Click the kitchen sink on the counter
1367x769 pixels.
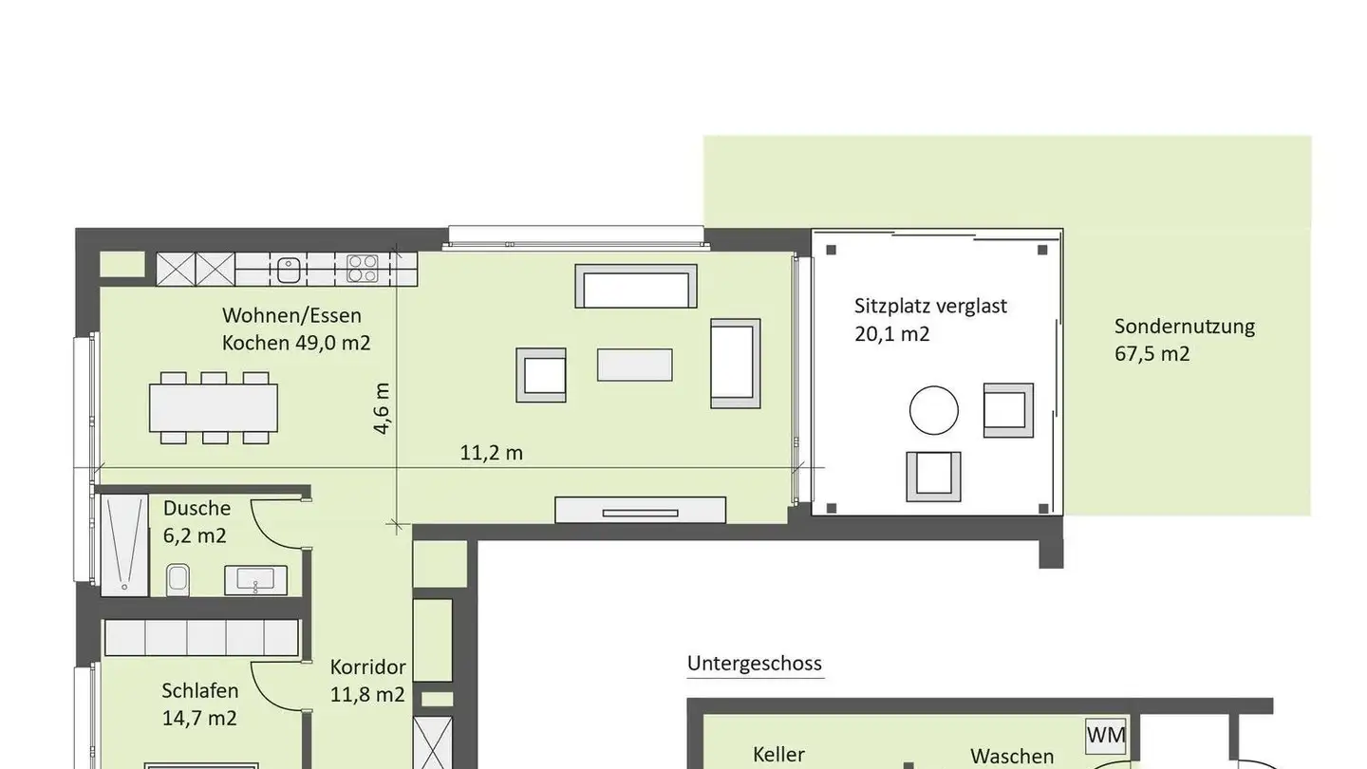point(289,270)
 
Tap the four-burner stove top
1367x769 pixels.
point(362,270)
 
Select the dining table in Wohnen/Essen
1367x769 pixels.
point(214,407)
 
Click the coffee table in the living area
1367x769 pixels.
point(635,365)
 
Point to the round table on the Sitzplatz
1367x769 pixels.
point(934,410)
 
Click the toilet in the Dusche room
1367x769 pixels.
point(178,580)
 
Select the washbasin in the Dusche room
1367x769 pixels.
point(255,580)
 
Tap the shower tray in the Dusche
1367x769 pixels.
point(124,545)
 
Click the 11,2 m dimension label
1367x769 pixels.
point(492,453)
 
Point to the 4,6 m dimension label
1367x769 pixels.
point(382,408)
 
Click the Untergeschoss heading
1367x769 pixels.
point(755,664)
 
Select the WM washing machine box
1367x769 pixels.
point(1106,736)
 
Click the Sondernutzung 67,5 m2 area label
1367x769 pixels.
point(1185,340)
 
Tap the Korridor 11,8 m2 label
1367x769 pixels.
point(367,681)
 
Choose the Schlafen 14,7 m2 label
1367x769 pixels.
point(199,704)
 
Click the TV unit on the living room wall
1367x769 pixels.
point(640,510)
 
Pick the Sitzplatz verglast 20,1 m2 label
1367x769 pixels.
point(930,320)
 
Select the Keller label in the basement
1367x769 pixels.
point(778,755)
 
